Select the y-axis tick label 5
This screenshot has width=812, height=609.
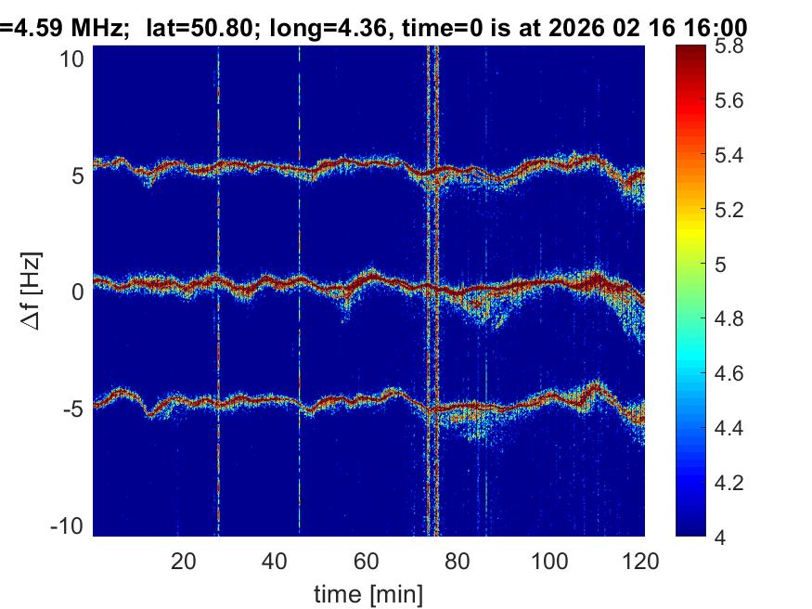80,175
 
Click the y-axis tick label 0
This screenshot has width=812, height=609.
80,292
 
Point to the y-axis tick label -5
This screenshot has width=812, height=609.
75,408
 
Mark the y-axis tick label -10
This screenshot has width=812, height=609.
70,525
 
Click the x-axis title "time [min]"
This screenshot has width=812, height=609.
368,591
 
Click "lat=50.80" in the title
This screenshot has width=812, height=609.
199,29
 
